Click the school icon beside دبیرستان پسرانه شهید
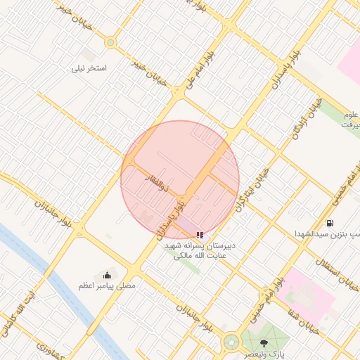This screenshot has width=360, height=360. [200, 235]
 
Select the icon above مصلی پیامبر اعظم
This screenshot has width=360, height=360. [107, 275]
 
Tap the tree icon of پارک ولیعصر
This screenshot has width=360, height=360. [264, 342]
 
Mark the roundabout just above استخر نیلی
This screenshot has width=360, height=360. [110, 43]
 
